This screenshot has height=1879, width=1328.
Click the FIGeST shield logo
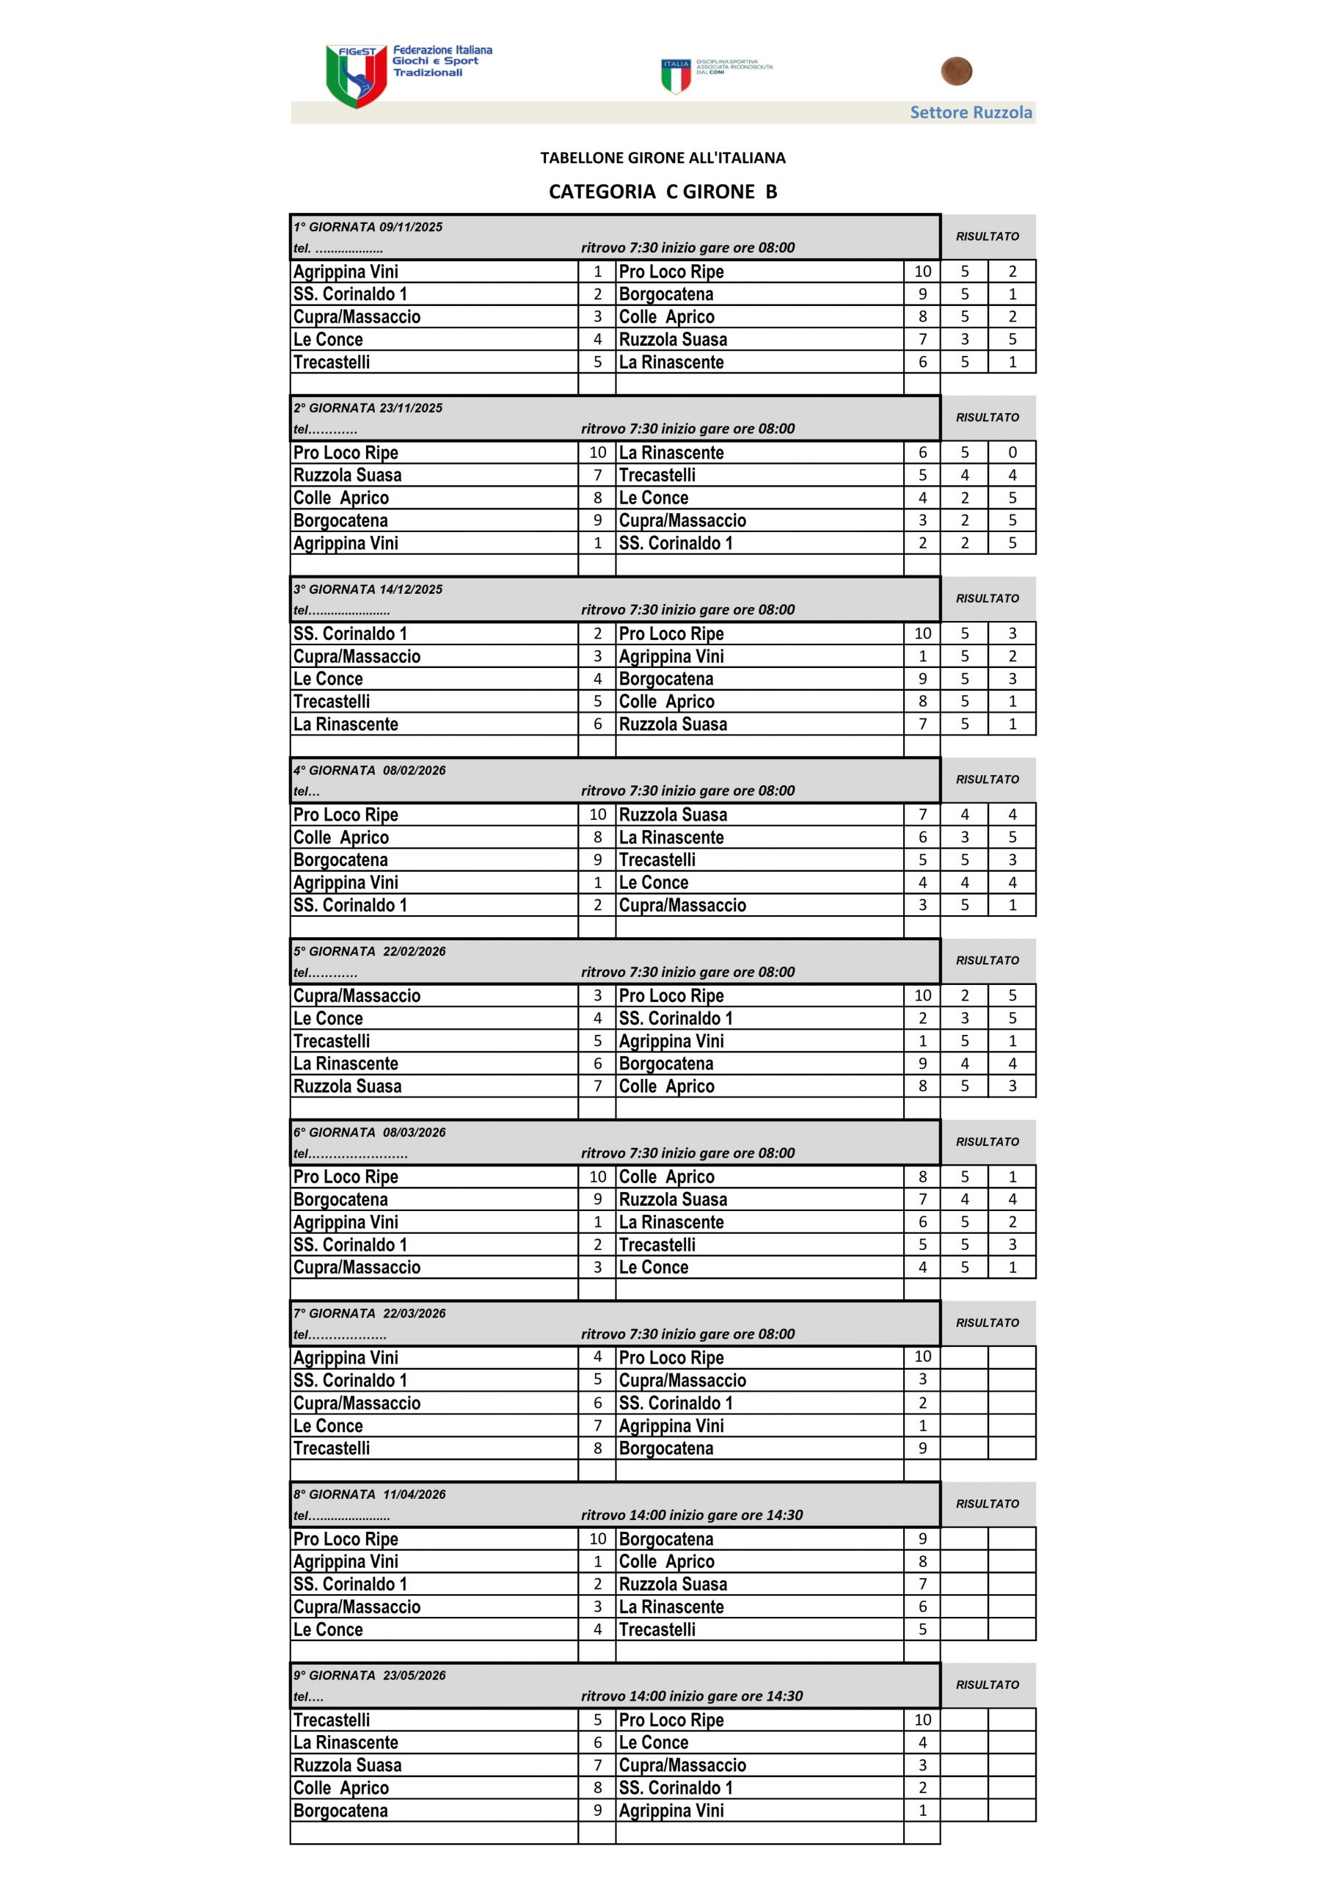tap(356, 76)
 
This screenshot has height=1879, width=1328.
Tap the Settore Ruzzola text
tap(971, 112)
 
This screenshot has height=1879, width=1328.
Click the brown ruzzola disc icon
tap(956, 71)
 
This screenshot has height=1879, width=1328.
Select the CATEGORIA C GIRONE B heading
tap(663, 192)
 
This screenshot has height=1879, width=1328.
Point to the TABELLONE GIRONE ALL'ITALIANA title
tap(663, 157)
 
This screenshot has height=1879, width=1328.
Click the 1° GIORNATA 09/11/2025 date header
tap(368, 227)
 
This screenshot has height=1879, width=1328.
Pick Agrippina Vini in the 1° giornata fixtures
tap(346, 272)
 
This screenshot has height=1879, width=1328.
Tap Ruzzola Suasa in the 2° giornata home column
tap(348, 476)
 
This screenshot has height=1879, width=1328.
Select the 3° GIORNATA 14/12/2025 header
tap(368, 589)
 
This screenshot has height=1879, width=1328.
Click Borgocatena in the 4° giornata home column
tap(341, 860)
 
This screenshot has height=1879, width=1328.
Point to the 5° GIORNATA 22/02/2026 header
tap(370, 951)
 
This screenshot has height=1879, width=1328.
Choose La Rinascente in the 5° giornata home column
tap(346, 1064)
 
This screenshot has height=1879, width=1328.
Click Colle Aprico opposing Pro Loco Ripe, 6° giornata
tap(667, 1177)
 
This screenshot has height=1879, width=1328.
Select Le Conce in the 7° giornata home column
tap(328, 1425)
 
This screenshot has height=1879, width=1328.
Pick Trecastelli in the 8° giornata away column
tap(657, 1629)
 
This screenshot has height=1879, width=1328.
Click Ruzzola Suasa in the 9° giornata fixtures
tap(348, 1765)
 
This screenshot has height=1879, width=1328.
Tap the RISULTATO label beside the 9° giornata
tap(988, 1684)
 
